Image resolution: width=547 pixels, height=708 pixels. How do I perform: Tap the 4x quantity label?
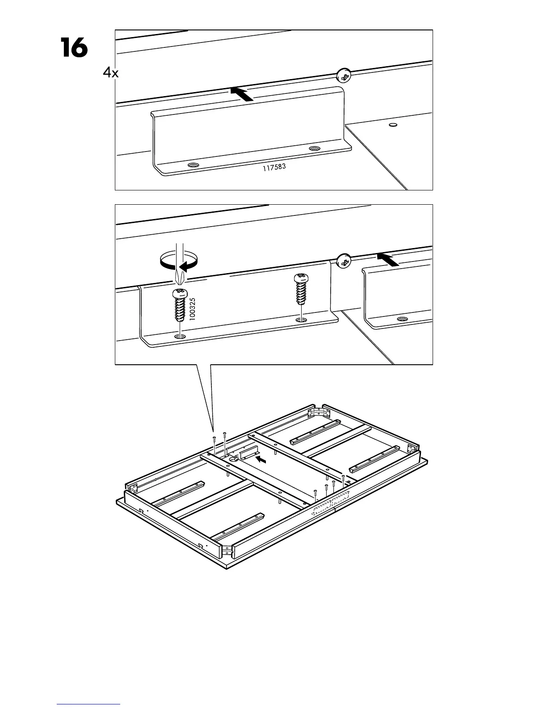[x=110, y=72]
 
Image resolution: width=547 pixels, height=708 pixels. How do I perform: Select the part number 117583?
[x=273, y=168]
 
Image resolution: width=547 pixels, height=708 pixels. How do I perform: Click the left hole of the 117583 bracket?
[x=194, y=165]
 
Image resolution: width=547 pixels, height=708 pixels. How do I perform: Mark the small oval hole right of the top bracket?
[x=393, y=125]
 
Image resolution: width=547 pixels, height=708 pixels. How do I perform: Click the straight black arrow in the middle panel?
[x=387, y=259]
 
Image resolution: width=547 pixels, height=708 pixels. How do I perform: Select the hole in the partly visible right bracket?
[x=402, y=320]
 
